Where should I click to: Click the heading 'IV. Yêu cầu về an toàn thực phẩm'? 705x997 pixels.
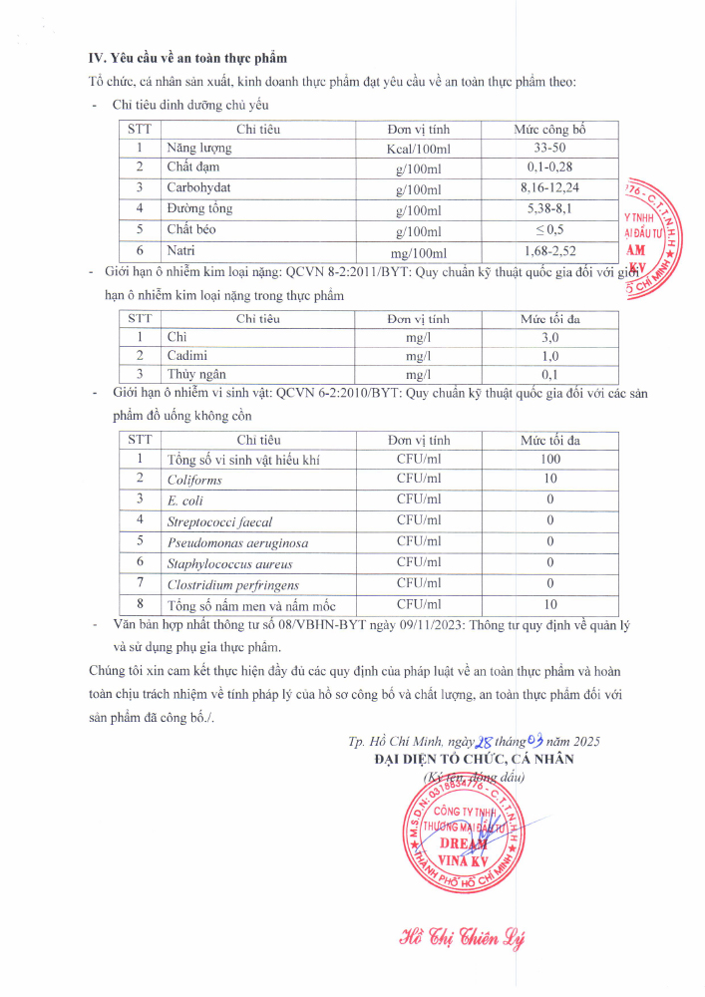click(187, 59)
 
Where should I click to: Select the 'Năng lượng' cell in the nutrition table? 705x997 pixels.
click(199, 148)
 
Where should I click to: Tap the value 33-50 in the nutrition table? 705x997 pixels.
click(550, 148)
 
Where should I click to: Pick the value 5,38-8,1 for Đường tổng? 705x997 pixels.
click(550, 208)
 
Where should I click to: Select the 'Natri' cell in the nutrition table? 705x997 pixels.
click(180, 250)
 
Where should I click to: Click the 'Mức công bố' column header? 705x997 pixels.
click(550, 130)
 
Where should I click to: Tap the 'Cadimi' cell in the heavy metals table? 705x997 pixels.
click(187, 356)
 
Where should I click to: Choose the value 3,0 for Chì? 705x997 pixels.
click(550, 338)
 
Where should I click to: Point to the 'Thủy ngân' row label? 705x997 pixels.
click(196, 374)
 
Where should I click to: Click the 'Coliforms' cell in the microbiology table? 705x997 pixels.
click(194, 480)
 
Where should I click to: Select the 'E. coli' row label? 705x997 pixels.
click(185, 500)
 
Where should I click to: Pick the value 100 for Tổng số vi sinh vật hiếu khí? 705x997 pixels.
click(550, 459)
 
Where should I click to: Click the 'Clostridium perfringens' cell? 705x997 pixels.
click(233, 585)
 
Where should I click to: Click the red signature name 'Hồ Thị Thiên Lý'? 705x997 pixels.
click(461, 938)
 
